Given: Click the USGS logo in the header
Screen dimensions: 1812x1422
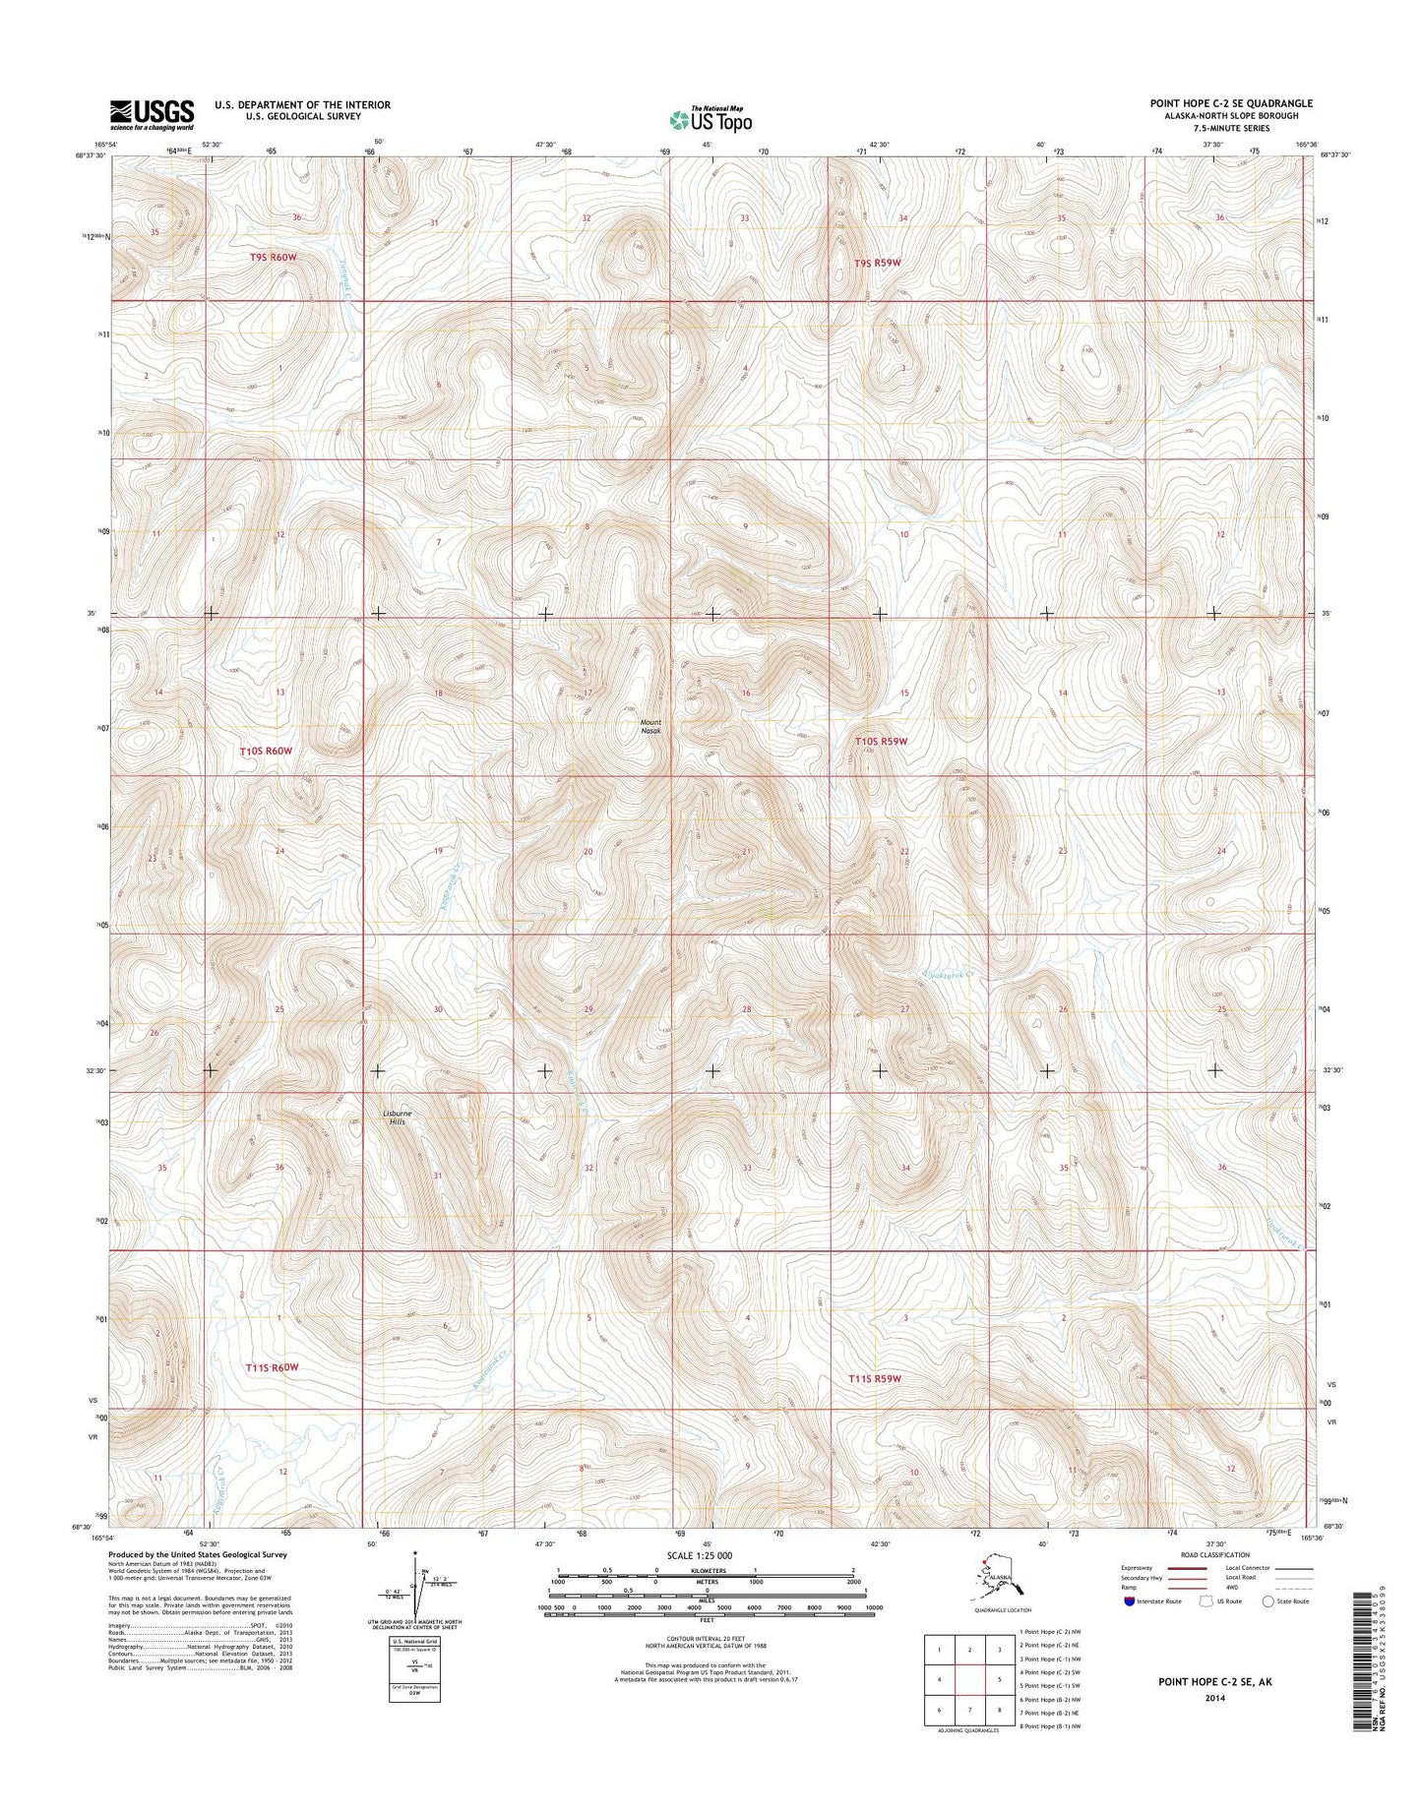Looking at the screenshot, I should coord(152,114).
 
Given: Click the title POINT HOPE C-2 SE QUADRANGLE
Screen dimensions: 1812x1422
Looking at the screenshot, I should coord(1231,103).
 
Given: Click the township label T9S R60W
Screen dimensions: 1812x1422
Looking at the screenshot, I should coord(273,257).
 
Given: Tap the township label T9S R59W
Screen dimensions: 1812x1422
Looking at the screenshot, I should coord(877,263).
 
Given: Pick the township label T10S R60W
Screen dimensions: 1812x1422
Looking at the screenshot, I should coord(267,751).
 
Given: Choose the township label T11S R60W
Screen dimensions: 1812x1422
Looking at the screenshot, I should coord(273,1367).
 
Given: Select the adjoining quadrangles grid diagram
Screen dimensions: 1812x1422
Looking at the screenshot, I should coord(969,1680).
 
